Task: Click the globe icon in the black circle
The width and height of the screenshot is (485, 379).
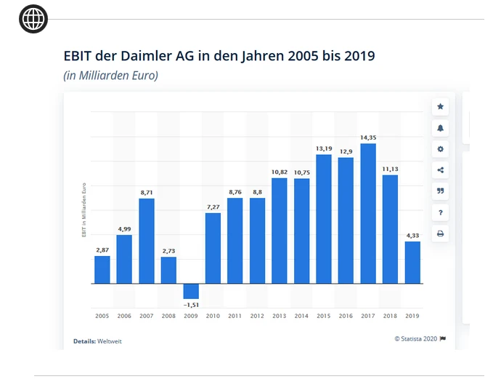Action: (33, 19)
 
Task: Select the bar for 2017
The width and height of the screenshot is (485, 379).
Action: (368, 213)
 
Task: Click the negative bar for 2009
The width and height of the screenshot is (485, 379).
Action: (191, 291)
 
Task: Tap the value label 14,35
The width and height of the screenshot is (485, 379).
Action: (368, 137)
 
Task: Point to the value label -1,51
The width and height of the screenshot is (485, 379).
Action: (191, 305)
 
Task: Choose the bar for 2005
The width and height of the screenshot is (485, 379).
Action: (102, 270)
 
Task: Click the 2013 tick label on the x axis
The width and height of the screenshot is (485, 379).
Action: (280, 316)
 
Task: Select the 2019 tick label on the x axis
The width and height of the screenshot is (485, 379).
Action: (412, 316)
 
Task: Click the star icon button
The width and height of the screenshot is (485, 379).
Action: (440, 107)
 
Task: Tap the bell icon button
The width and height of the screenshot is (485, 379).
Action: (440, 128)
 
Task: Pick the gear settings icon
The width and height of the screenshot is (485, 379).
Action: (440, 149)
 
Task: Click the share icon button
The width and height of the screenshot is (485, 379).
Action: (440, 170)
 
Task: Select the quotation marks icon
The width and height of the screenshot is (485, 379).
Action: (440, 191)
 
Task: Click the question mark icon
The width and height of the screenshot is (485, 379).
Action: (440, 212)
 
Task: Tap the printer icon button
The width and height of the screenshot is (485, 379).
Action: (440, 234)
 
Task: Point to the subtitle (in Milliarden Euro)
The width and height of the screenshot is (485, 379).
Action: (111, 75)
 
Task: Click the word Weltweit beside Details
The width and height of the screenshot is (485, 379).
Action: (110, 341)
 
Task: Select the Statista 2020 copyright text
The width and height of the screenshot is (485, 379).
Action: (416, 338)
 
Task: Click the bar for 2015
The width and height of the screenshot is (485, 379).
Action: (324, 219)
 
